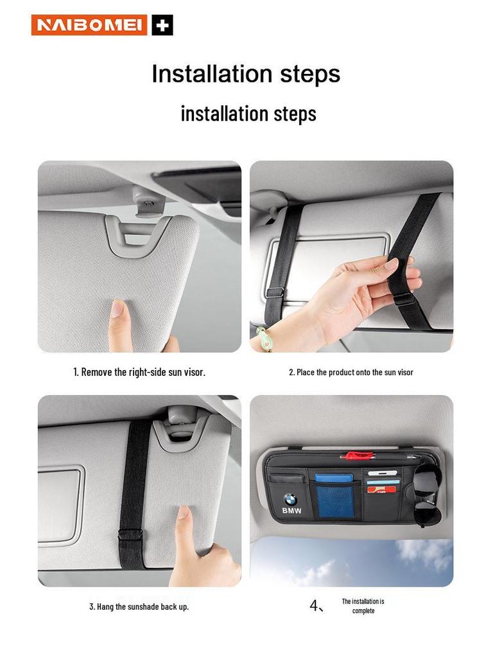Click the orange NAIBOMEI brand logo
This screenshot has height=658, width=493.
tap(89, 25)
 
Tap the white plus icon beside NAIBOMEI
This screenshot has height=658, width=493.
tap(162, 26)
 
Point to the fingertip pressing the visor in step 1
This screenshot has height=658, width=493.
tap(117, 309)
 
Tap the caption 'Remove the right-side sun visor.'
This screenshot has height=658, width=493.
tap(139, 372)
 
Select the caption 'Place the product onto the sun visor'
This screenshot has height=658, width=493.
tap(351, 372)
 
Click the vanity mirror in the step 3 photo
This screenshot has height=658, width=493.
tap(61, 498)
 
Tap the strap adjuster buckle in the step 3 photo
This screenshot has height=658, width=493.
tap(130, 535)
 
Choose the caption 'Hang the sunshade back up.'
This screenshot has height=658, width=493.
tap(139, 606)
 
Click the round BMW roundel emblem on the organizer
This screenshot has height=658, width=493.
tap(290, 499)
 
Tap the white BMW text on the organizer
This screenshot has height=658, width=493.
tap(291, 511)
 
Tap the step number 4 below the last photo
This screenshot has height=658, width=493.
tap(315, 605)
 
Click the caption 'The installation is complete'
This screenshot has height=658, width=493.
tap(363, 606)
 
